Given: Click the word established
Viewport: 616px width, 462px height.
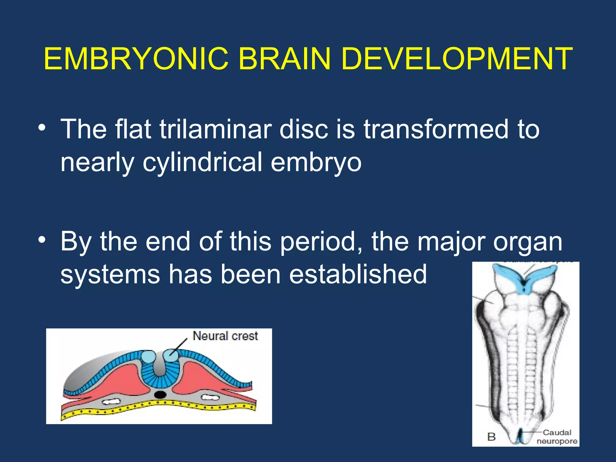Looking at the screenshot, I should tap(358, 274).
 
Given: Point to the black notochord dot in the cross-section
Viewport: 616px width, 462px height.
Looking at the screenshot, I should tap(160, 394).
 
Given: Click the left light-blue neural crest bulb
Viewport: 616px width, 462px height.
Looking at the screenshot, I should tap(148, 357).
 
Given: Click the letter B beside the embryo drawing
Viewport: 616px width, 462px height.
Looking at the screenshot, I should tap(491, 437).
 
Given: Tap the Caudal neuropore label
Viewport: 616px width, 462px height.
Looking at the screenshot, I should tap(557, 437).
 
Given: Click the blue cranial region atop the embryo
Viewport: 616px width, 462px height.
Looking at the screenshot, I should tap(525, 277).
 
